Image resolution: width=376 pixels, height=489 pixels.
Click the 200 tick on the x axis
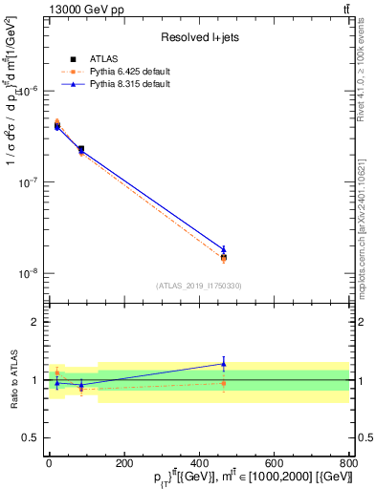click(123, 461)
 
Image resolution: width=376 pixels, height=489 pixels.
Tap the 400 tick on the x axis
click(199, 461)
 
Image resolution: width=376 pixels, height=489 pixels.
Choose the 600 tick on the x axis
click(274, 461)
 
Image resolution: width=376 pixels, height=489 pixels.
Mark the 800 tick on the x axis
click(347, 461)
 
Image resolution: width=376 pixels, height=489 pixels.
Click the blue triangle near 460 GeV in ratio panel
click(224, 364)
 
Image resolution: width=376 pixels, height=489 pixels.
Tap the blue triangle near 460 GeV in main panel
click(224, 249)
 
